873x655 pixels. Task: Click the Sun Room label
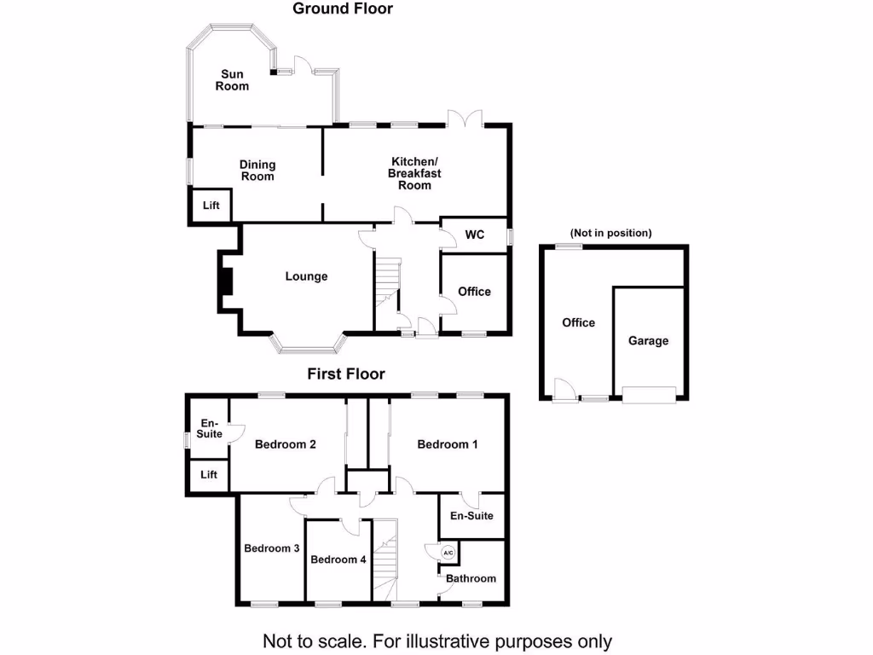click(232, 80)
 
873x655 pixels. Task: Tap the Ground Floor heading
click(343, 9)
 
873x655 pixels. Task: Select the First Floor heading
click(346, 374)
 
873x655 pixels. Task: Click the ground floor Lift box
click(211, 206)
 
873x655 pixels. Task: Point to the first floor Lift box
click(209, 475)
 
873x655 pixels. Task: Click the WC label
click(475, 235)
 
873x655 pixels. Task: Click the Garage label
click(649, 340)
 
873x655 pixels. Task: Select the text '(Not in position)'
click(611, 233)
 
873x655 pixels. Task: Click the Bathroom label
click(471, 578)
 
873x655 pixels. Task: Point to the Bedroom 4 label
click(338, 559)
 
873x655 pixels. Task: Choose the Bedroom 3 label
click(271, 548)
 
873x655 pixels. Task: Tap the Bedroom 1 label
click(448, 444)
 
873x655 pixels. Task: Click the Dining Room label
click(257, 171)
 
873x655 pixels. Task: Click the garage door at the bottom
click(649, 393)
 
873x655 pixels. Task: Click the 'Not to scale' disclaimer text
click(436, 641)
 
